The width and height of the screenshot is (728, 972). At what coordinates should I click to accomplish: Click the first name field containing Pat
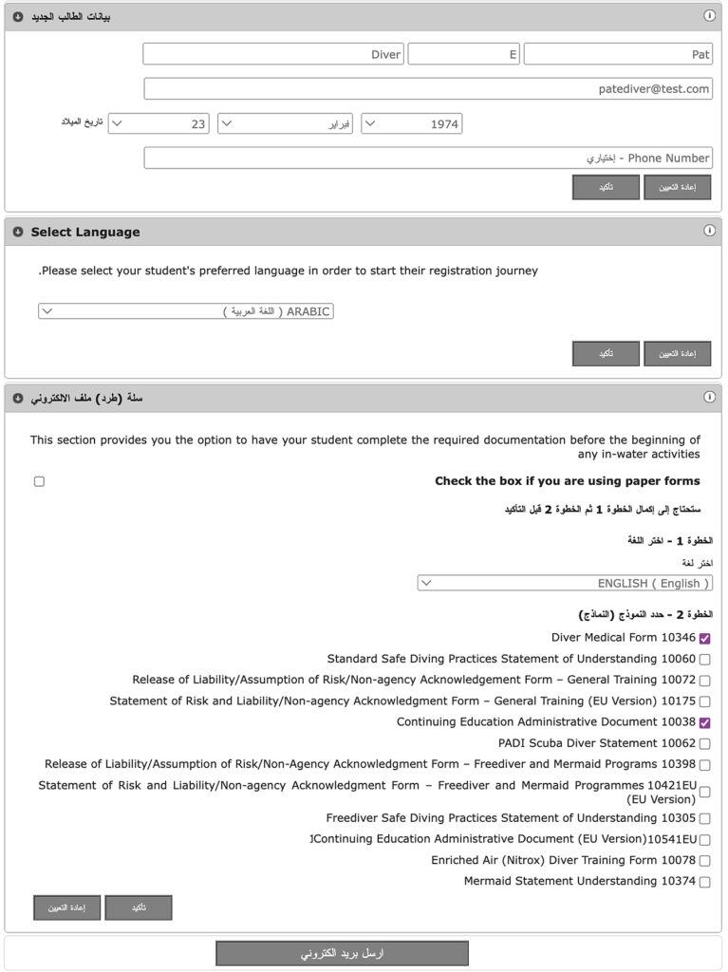point(617,54)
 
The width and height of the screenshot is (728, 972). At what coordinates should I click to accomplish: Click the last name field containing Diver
point(273,54)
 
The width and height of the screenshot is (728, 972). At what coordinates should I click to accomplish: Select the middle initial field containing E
point(464,54)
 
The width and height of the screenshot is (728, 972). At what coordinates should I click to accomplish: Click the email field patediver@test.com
point(428,88)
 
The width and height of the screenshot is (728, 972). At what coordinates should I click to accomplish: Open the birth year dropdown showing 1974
point(411,123)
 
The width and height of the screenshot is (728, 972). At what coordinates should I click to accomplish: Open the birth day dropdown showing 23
point(158,123)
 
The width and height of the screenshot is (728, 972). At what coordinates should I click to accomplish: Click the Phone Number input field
point(428,158)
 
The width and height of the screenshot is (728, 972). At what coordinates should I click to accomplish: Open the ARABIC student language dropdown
point(186,311)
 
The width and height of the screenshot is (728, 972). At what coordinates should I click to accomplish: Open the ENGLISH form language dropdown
point(565,583)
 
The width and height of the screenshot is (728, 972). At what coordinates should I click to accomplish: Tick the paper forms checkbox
point(39,481)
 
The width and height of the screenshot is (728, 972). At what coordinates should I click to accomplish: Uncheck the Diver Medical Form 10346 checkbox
point(704,638)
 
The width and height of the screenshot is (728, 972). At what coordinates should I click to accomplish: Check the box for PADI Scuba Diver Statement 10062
point(704,744)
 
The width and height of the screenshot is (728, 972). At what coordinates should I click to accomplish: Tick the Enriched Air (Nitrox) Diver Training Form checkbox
point(704,861)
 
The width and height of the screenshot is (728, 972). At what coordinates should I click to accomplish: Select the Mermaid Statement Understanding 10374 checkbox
point(704,882)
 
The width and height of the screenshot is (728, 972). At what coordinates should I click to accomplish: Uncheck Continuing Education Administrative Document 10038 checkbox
point(704,722)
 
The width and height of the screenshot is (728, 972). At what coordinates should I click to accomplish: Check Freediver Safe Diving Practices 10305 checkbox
point(704,818)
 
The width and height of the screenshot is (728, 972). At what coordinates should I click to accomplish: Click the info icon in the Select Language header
point(709,231)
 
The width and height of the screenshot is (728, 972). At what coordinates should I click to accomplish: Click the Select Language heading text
point(85,232)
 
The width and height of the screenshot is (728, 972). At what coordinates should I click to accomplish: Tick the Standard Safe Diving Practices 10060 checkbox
point(704,660)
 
